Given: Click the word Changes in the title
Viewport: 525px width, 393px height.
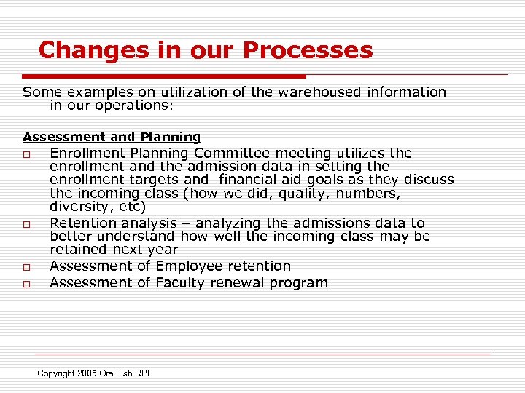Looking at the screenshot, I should coord(79,50).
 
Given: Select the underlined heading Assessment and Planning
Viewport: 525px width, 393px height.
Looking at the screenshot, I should coord(112,137).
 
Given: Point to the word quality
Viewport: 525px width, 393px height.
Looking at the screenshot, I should coord(325,193).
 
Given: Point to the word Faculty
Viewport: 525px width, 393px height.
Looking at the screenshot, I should coord(180,283).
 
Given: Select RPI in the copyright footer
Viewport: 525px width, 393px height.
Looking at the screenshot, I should coord(141,373).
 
